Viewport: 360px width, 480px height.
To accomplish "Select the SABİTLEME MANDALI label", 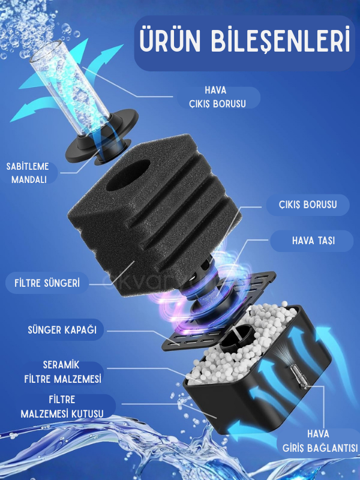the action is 28,173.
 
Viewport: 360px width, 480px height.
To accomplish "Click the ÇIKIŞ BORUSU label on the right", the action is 308,205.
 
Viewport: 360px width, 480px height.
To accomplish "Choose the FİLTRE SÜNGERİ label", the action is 47,283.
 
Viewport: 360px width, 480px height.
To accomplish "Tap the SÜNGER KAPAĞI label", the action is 62,329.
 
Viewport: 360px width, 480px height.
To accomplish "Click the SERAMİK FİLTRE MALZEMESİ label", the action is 63,372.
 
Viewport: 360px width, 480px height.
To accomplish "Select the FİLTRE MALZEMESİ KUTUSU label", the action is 62,407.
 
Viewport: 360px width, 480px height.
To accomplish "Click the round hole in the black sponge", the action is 128,175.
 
